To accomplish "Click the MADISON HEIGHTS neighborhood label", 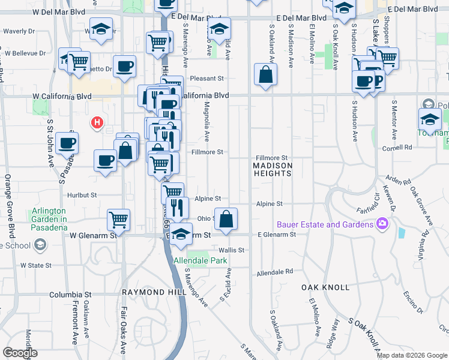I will (x=273, y=169).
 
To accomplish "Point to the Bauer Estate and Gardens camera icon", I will (x=382, y=224).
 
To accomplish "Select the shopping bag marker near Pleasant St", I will (x=265, y=76).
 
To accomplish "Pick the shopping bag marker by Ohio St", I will (x=226, y=220).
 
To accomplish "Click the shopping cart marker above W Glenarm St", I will (x=119, y=220).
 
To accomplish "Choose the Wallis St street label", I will (x=232, y=250).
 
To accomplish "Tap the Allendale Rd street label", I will (x=274, y=272).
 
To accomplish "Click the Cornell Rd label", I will (x=400, y=147).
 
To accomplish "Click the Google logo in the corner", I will (x=20, y=353).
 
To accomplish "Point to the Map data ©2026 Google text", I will (x=411, y=355).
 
